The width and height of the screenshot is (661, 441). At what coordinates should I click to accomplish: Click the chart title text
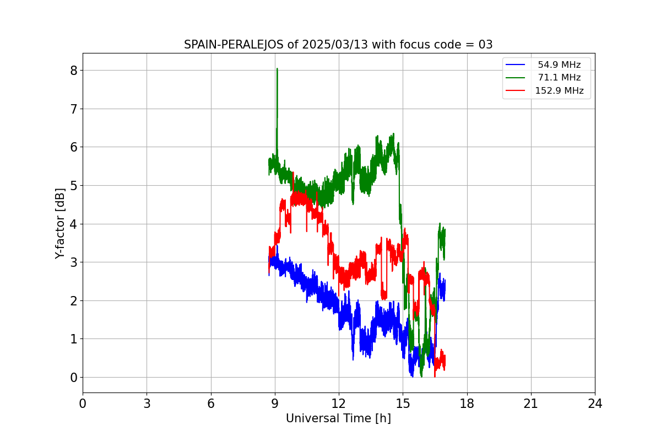pyautogui.click(x=338, y=45)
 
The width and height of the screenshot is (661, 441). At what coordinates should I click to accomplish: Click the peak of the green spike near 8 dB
pyautogui.click(x=277, y=69)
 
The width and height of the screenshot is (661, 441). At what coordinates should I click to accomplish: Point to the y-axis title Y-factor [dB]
pyautogui.click(x=60, y=223)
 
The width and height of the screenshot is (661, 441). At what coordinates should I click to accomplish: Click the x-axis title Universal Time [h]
pyautogui.click(x=338, y=418)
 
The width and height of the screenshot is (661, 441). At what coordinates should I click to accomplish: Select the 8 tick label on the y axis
pyautogui.click(x=73, y=71)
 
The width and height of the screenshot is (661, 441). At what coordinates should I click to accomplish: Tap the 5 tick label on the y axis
pyautogui.click(x=73, y=186)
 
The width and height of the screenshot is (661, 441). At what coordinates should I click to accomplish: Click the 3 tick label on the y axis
pyautogui.click(x=73, y=262)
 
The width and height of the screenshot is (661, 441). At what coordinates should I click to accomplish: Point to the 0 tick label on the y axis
pyautogui.click(x=73, y=378)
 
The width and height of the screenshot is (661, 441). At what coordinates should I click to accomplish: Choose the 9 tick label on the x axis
pyautogui.click(x=275, y=404)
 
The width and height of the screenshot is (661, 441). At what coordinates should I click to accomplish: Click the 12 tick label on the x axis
pyautogui.click(x=339, y=404)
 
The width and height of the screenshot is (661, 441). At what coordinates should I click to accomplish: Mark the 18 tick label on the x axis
pyautogui.click(x=467, y=404)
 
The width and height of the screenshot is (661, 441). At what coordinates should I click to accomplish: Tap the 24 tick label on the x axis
pyautogui.click(x=595, y=404)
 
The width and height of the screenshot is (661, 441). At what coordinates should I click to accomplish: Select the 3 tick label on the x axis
pyautogui.click(x=147, y=404)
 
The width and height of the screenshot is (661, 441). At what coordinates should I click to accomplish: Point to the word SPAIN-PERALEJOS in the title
pyautogui.click(x=234, y=45)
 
